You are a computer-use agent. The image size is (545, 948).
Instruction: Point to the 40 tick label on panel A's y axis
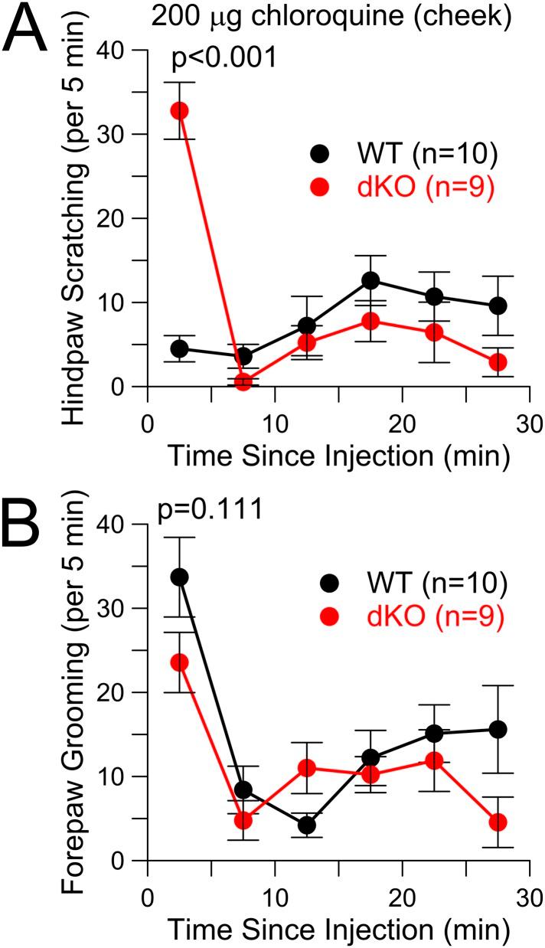click(x=116, y=51)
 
